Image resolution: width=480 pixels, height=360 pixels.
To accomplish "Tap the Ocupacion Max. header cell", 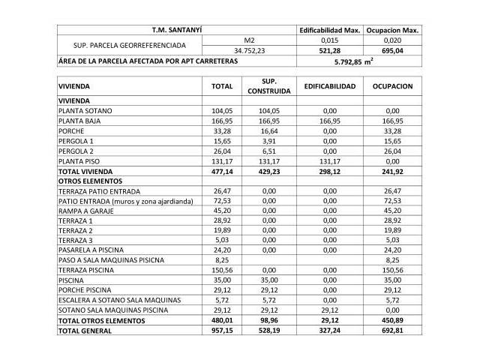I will [x=392, y=30].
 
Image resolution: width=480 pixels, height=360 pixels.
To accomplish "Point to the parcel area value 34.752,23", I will [x=250, y=51].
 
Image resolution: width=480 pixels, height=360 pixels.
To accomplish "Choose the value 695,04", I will [x=392, y=51].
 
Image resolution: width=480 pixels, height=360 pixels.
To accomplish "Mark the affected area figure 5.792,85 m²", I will [x=359, y=62].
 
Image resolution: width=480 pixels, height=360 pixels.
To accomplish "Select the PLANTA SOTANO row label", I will [x=85, y=111].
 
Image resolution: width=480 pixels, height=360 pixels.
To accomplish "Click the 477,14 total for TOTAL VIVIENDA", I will [x=222, y=171].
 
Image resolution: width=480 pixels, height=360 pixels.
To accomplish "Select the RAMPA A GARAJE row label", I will [x=85, y=211].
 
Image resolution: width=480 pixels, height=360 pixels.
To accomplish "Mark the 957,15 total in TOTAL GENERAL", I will [x=222, y=331].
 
